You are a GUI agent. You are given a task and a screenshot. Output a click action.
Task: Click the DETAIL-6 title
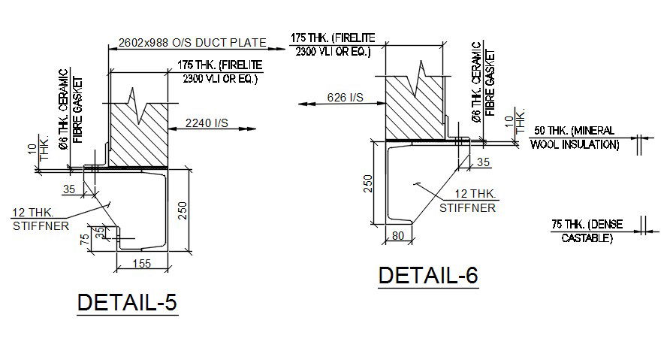tap(427, 275)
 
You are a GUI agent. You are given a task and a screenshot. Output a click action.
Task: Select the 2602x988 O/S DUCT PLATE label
tap(199, 44)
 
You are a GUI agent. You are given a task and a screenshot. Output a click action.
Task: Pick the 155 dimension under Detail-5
tap(140, 263)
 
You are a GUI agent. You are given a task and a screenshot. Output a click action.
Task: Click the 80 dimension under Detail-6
tap(397, 237)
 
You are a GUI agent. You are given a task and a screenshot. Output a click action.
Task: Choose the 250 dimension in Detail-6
tap(368, 184)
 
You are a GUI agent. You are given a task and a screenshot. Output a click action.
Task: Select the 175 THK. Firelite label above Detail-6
tap(332, 44)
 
